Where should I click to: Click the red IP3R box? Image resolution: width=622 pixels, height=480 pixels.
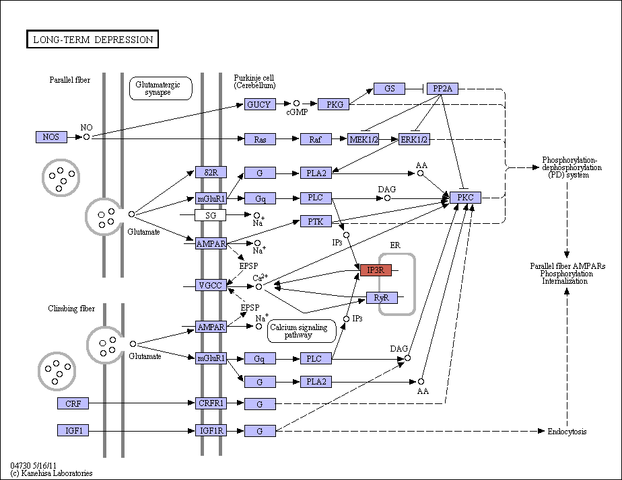[376, 270]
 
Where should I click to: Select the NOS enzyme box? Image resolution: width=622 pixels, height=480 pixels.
[51, 137]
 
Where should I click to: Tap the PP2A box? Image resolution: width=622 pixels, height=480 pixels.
[442, 89]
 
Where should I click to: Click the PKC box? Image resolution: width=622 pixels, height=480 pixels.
[465, 197]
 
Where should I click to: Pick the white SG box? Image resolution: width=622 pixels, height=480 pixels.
[210, 215]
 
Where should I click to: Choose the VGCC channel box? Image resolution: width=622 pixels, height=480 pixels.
[211, 285]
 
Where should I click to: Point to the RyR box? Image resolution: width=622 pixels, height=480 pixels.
[382, 297]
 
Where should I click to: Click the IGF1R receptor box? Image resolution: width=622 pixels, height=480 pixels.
[211, 430]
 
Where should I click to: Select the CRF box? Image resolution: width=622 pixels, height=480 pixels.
[73, 403]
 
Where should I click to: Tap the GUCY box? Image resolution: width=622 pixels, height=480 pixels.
[260, 104]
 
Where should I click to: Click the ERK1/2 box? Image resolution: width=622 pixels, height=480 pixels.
[414, 139]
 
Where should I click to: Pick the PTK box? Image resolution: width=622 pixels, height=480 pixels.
[316, 221]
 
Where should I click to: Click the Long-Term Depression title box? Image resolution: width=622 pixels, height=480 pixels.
[92, 39]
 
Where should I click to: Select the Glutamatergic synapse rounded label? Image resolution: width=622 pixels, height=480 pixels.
[161, 88]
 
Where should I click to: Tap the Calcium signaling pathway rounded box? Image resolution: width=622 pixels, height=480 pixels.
[302, 331]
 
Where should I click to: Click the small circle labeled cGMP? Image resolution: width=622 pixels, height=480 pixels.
[296, 104]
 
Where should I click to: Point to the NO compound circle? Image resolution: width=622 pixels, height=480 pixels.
[86, 137]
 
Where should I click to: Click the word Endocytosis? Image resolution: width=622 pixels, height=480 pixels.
[567, 432]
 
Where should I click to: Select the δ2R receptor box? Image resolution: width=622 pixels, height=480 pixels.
[211, 172]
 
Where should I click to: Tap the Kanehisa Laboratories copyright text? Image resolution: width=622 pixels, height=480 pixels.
[51, 473]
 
